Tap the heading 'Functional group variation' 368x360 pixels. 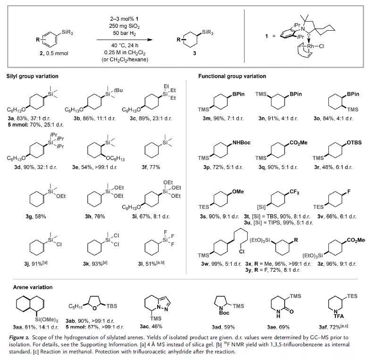point(232,76)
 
